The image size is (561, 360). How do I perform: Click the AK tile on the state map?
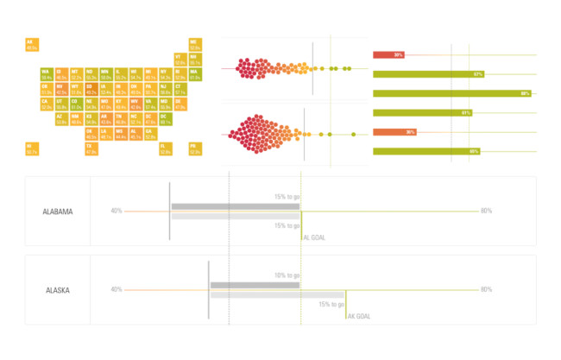(31, 44)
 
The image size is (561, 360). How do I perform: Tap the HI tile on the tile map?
(31, 148)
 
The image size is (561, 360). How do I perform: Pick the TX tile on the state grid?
(91, 148)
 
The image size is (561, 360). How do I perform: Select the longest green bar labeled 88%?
(451, 93)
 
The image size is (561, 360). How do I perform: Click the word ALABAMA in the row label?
(58, 212)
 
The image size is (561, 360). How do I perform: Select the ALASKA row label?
(58, 290)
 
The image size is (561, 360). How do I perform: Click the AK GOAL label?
(359, 316)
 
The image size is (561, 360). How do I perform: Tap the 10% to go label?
(286, 276)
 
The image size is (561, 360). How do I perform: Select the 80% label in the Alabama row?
(486, 212)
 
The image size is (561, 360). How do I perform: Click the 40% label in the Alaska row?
(116, 290)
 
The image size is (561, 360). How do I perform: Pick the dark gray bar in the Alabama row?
(236, 207)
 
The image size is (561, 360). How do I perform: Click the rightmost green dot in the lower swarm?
(354, 134)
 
